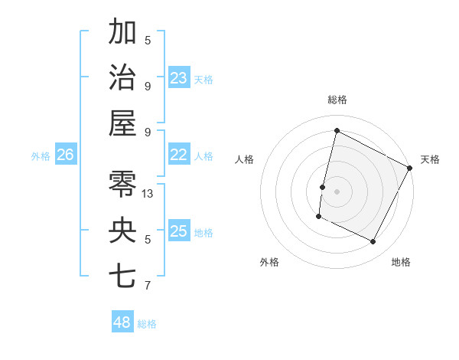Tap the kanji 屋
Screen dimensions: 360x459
coord(122,122)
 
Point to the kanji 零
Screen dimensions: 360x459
coord(122,183)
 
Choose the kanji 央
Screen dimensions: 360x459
coord(122,229)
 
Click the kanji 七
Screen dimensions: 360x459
coord(122,275)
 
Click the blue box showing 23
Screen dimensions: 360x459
coord(178,77)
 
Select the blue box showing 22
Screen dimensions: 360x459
coord(178,155)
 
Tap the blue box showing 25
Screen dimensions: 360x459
coord(178,231)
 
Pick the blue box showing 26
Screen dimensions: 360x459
coord(65,155)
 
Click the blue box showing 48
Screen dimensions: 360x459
coord(122,322)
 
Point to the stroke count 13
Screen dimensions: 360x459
coord(148,194)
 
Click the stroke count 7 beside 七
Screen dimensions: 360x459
coord(148,286)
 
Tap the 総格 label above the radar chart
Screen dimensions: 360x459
coord(337,100)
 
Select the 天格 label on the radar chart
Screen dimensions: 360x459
coord(430,159)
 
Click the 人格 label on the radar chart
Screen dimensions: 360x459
coord(244,159)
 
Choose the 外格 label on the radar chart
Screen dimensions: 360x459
coord(269,262)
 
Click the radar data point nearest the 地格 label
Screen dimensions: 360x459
coord(373,242)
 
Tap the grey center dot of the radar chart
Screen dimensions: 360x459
coord(337,191)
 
